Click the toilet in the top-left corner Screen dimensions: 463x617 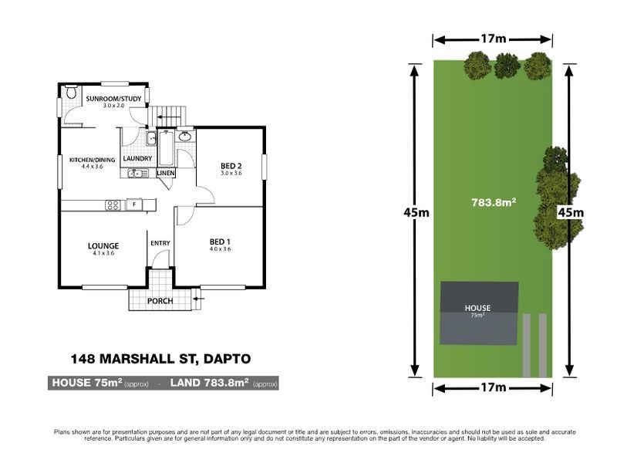[x=72, y=93]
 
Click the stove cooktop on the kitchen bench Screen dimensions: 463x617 [x=113, y=204]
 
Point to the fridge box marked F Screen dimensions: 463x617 [x=133, y=204]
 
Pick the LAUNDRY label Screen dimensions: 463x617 [x=137, y=159]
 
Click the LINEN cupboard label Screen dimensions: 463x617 [x=166, y=173]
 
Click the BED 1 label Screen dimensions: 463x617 [x=221, y=244]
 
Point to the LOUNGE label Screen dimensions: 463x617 [x=103, y=247]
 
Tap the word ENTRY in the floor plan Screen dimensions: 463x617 [x=160, y=244]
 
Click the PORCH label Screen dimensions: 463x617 [x=160, y=301]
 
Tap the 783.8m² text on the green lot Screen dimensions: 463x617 [x=494, y=203]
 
